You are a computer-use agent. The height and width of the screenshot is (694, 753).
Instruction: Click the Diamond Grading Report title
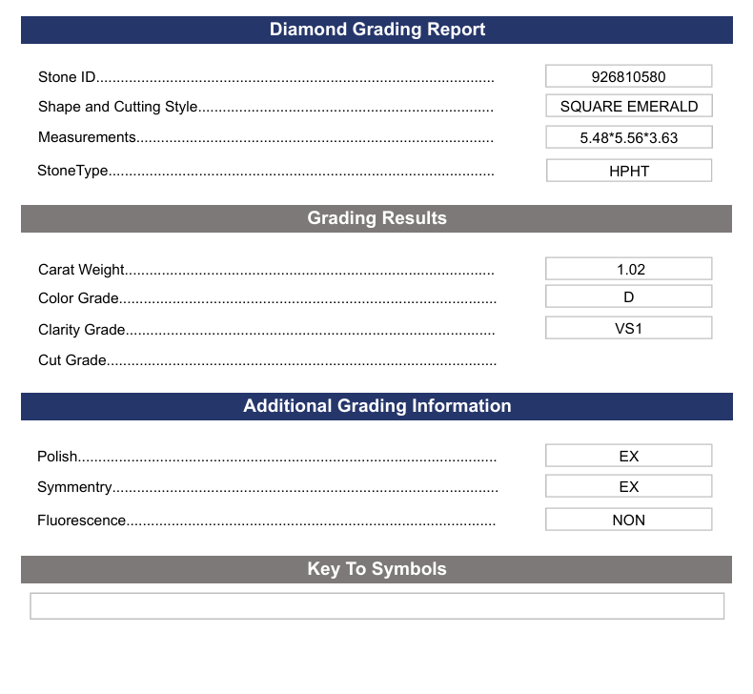point(376,30)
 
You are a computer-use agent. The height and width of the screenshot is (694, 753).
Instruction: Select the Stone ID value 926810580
point(628,76)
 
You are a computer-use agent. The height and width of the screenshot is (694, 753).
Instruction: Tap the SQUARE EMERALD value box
point(628,107)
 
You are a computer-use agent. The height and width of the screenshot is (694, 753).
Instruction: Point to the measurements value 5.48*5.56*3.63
point(628,137)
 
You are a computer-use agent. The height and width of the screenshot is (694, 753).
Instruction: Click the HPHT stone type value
point(628,172)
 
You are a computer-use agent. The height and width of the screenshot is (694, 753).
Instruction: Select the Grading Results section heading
point(376,218)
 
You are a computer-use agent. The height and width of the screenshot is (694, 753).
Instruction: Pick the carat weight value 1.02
point(628,270)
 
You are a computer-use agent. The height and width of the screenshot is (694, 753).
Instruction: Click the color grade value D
point(628,297)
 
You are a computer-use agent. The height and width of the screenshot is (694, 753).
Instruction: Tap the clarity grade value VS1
point(628,329)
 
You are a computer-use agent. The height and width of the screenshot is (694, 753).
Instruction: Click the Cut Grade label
point(72,360)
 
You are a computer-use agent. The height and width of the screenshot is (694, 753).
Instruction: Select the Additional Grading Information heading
point(376,406)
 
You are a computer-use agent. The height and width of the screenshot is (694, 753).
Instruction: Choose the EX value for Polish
point(628,457)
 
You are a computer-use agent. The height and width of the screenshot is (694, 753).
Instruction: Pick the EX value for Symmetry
point(628,487)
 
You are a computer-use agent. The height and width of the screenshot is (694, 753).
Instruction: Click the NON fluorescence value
point(628,520)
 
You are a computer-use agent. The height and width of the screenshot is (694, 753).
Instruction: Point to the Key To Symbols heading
point(376,569)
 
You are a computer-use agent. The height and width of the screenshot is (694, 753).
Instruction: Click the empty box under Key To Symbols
point(376,606)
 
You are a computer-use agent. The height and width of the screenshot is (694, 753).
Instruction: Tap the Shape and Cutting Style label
point(117,107)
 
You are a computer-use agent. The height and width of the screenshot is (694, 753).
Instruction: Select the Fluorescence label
point(81,520)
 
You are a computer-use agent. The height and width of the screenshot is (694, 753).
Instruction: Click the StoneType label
point(72,172)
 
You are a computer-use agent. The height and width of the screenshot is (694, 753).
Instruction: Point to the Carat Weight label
point(81,270)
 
